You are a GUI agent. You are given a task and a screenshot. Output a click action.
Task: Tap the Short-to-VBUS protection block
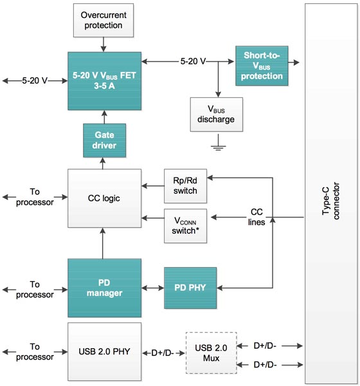pyautogui.click(x=262, y=66)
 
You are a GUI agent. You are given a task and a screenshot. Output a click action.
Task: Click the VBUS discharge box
pyautogui.click(x=216, y=115)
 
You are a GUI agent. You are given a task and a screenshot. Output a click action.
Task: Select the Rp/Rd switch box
pyautogui.click(x=185, y=186)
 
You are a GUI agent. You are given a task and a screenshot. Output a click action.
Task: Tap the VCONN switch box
pyautogui.click(x=185, y=226)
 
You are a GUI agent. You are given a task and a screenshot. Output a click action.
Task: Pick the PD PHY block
pyautogui.click(x=190, y=287)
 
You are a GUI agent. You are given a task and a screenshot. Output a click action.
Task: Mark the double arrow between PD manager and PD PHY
pyautogui.click(x=152, y=287)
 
